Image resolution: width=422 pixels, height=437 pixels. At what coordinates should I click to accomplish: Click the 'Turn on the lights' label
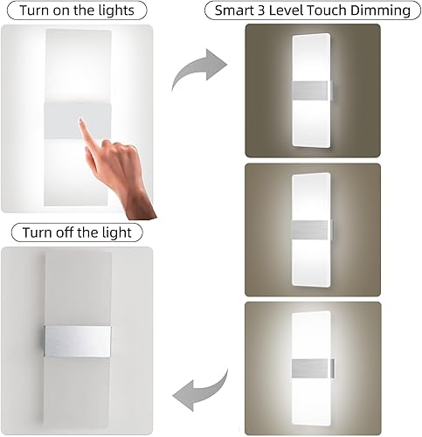(72, 11)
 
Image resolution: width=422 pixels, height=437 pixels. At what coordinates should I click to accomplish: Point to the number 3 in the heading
(278, 11)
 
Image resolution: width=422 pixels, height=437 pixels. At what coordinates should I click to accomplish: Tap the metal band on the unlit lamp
(77, 342)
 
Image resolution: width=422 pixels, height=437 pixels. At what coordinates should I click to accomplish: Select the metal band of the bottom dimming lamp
(312, 364)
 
